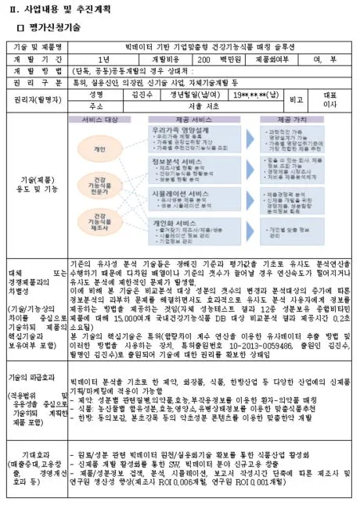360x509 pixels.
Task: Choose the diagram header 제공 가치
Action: point(290,119)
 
